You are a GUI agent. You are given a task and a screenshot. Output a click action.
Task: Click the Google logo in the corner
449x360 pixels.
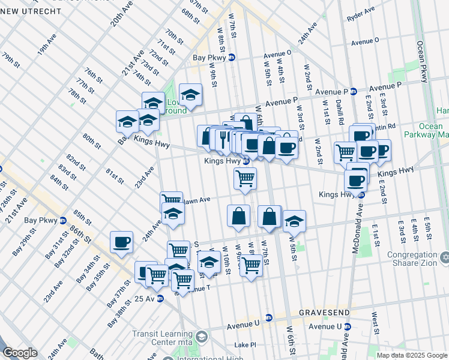click(20, 353)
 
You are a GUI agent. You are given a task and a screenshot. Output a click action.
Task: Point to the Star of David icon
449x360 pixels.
click(444, 257)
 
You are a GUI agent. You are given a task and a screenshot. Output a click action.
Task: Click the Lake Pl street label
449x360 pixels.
click(245, 345)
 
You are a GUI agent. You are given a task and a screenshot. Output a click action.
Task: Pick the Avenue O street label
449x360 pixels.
click(364, 43)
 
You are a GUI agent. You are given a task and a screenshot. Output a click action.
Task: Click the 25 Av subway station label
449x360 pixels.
click(146, 298)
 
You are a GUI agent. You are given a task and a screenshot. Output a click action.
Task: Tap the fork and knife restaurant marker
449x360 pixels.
click(223, 139)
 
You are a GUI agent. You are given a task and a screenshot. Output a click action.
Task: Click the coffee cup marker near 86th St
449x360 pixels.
click(121, 242)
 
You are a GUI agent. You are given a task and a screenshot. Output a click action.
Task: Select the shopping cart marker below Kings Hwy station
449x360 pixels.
click(245, 178)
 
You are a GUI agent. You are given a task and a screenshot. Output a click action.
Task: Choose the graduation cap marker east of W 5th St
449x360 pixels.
click(294, 221)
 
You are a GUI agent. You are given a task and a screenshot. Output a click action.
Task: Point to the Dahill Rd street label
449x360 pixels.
click(340, 112)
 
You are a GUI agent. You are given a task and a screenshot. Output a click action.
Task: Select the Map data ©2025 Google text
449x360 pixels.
click(412, 355)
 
